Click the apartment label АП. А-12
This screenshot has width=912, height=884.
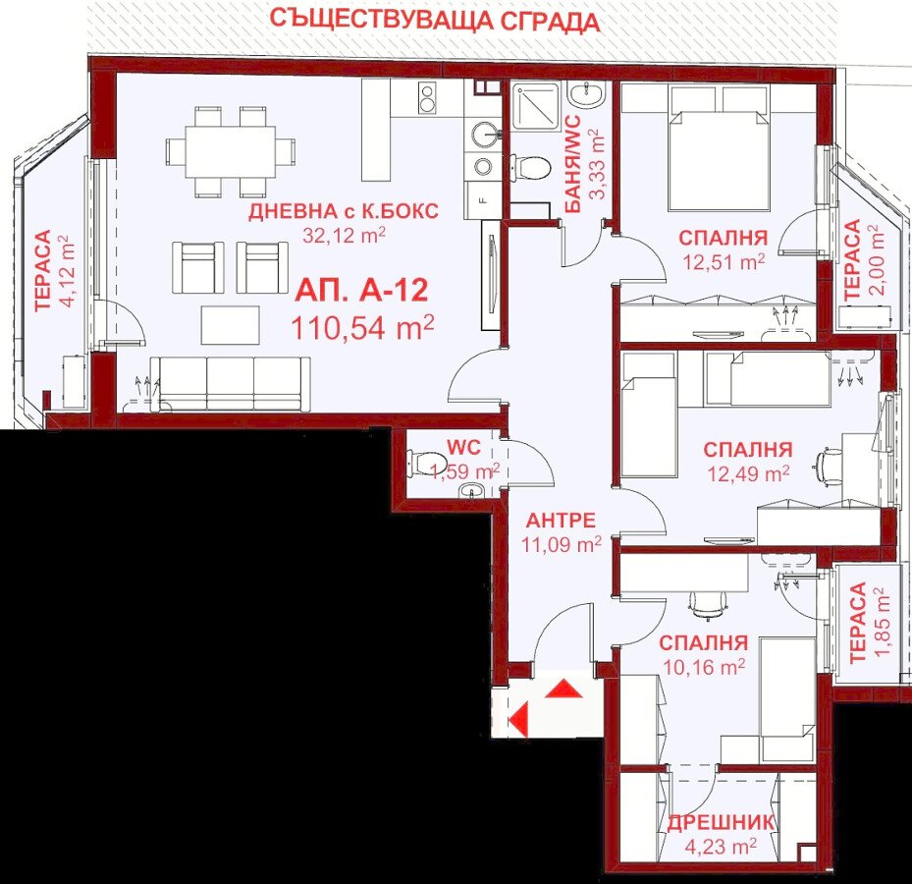coord(362,291)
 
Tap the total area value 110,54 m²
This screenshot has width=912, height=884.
coord(362,327)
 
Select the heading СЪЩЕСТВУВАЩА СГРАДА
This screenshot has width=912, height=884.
coord(435,21)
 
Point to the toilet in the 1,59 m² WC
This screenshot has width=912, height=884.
coord(419,463)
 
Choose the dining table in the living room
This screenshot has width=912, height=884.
coord(231,151)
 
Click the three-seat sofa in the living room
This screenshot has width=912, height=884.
coord(231,384)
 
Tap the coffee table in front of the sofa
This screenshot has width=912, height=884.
coord(231,325)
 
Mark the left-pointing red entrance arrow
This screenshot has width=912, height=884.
coord(518,720)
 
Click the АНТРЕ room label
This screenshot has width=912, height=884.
coord(561,520)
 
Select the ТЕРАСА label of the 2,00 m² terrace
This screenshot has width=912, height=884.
coord(851,259)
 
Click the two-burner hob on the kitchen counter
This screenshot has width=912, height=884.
coord(427,98)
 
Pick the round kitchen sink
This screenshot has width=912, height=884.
coord(483,135)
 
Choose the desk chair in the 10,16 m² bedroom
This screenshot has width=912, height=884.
coord(706,606)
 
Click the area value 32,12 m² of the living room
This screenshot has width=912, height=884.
coord(344,235)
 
